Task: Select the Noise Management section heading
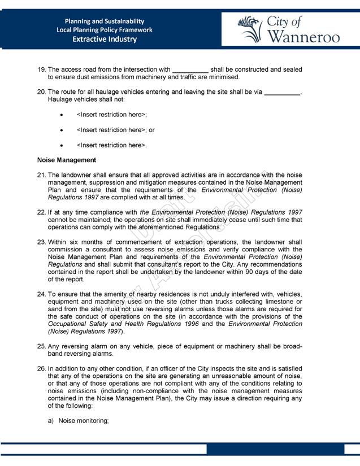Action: click(67, 160)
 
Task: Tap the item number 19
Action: click(41, 69)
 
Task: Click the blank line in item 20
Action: click(282, 92)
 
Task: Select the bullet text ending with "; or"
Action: click(116, 130)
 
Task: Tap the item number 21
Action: click(41, 176)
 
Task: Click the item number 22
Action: click(41, 212)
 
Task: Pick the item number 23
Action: click(41, 242)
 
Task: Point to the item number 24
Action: click(41, 294)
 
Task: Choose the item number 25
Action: click(41, 346)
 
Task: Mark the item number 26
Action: click(41, 369)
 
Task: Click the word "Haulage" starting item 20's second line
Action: click(61, 99)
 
